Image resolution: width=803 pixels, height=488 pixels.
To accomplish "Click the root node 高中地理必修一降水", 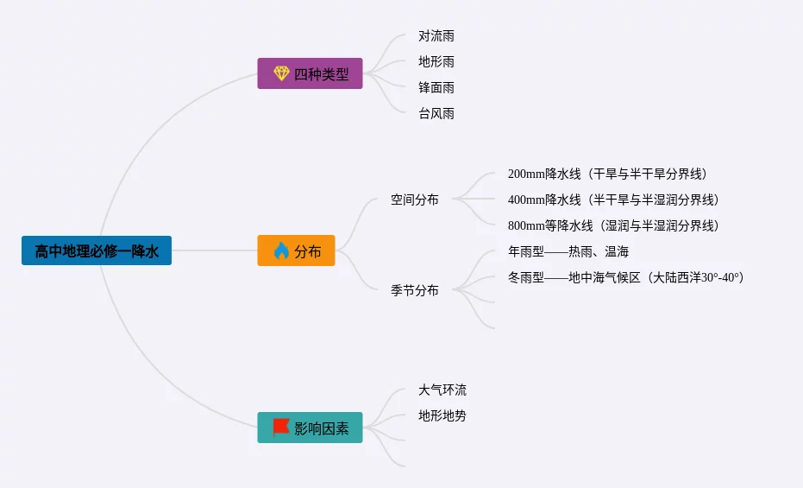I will pos(97,251).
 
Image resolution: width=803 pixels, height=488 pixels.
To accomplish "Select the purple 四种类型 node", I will pos(310,73).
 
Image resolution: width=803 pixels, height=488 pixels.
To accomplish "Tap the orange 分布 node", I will pos(296,251).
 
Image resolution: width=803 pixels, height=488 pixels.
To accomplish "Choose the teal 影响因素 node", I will pos(310,428).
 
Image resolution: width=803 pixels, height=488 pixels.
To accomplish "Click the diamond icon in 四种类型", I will pos(281,73).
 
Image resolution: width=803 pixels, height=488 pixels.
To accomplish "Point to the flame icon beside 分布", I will pos(281,251).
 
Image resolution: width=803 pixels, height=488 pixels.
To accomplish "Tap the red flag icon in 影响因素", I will pos(281,427).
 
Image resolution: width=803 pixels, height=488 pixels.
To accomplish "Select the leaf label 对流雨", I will pos(436,36).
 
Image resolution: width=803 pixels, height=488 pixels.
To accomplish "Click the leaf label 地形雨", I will pos(436,62).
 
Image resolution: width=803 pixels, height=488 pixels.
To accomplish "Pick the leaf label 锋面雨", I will pos(436,88).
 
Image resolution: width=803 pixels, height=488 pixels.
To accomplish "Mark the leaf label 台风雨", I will pos(436,114).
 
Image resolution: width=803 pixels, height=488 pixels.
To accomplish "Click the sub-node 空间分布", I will pos(415,200).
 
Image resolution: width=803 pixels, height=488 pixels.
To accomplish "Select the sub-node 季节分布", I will pos(415,291).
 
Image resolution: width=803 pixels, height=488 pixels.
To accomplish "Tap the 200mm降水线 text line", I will pos(612,174).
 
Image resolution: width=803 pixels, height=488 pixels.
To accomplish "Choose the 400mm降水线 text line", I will pos(612,200).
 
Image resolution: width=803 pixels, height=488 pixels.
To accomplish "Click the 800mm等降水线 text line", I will pos(612,226).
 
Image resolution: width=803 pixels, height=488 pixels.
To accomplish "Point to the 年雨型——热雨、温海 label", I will pos(568,252).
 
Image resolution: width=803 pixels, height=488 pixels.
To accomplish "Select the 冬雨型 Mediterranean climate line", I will pos(625,278).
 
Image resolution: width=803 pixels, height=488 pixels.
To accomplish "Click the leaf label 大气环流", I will pos(442,390).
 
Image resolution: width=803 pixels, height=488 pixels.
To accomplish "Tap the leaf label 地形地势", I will pos(442,416).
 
